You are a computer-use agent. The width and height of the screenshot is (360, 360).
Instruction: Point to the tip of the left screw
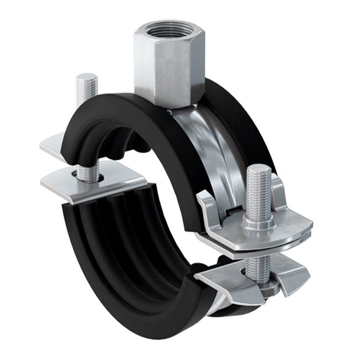tap(86, 77)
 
